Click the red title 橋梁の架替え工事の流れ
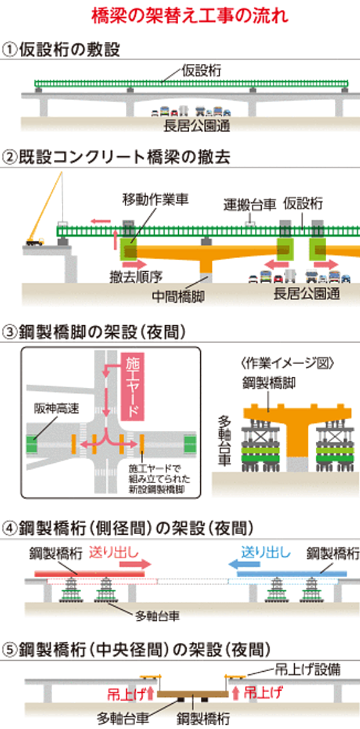[x=180, y=15]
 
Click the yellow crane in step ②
[x=46, y=209]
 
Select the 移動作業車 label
[x=155, y=200]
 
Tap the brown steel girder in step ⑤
[x=193, y=694]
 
